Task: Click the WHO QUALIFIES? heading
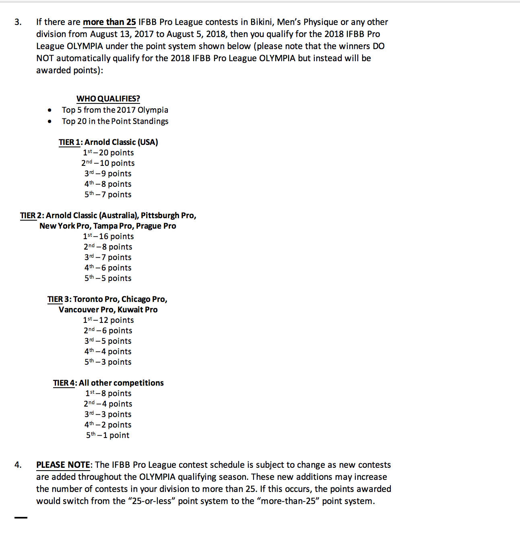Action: tap(108, 99)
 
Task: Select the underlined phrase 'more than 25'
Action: tap(109, 22)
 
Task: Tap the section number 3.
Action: tap(18, 22)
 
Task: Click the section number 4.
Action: tap(18, 465)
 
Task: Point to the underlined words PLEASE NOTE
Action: tap(63, 465)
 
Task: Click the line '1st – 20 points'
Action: tap(108, 153)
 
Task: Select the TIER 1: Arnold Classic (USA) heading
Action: tap(108, 142)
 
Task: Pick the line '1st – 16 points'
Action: tap(108, 236)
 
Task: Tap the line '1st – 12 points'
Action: tap(108, 320)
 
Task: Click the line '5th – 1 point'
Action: tap(107, 435)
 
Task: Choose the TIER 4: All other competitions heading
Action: tap(108, 383)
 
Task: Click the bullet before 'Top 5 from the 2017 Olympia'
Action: tap(50, 110)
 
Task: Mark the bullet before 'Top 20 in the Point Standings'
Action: tap(50, 122)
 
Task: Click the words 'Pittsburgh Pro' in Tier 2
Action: tap(167, 215)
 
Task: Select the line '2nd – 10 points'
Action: tap(108, 163)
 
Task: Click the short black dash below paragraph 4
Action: tap(21, 518)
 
